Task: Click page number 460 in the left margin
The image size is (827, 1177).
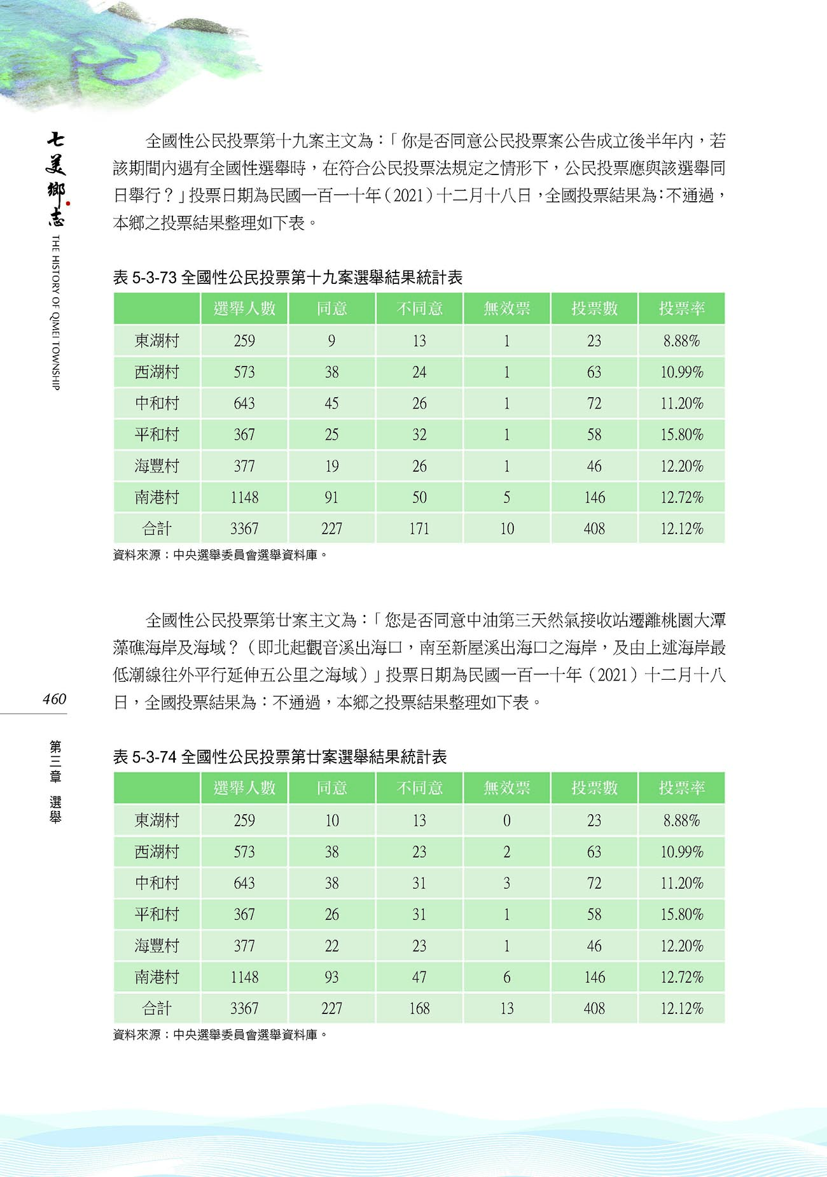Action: [55, 699]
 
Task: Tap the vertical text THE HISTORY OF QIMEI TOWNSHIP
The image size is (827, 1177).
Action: [55, 312]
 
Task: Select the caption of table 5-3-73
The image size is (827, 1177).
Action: [288, 278]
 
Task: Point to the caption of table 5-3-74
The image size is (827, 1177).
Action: [280, 757]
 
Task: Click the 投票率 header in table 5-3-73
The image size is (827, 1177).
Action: [681, 309]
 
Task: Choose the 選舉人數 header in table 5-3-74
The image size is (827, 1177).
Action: [244, 788]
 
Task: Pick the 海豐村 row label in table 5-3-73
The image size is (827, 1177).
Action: [157, 466]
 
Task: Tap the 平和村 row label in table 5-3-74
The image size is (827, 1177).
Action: [157, 914]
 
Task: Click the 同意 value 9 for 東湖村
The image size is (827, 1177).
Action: [331, 341]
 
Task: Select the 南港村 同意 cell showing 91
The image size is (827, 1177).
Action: [331, 497]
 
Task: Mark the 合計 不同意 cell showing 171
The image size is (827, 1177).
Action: [419, 528]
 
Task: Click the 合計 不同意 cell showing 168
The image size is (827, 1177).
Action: [419, 1008]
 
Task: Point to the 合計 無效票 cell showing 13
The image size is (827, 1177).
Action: [506, 1008]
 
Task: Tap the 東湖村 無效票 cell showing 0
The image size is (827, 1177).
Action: [506, 821]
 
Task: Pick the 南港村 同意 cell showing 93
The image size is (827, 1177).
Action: [331, 977]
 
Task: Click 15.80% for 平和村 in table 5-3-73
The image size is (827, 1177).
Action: [681, 435]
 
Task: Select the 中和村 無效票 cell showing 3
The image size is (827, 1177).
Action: [506, 883]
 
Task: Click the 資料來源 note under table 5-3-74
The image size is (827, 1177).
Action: [220, 1035]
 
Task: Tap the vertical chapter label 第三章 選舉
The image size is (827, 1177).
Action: [55, 782]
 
